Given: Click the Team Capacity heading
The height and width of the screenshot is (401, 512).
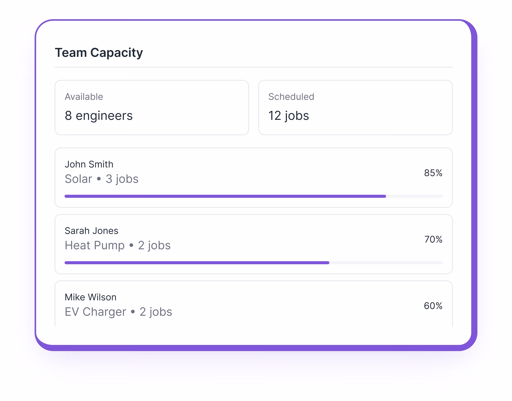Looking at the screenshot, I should tap(99, 53).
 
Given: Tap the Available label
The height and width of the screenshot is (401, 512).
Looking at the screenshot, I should tap(84, 97).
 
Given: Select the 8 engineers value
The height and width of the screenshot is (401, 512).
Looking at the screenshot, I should tap(99, 115).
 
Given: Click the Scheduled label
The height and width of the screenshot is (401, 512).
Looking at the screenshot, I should tap(291, 97).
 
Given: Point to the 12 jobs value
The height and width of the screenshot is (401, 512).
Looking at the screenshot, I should tap(289, 115).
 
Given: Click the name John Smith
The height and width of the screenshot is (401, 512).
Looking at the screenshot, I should tap(89, 164).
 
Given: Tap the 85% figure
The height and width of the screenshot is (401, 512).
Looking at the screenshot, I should tap(433, 173).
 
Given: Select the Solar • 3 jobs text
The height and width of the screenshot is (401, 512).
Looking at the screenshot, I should tap(101, 179).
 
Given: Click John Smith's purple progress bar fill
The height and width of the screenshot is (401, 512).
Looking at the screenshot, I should tap(225, 196).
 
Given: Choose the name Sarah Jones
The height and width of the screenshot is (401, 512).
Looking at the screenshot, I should tap(91, 231).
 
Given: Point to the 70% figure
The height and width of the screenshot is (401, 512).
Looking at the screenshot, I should tap(433, 239).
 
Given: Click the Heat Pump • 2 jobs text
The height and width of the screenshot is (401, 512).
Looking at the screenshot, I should tap(118, 245).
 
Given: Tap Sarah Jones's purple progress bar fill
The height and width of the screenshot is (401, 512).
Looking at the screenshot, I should tap(197, 263).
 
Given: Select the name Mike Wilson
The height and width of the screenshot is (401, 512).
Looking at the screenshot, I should tap(90, 297).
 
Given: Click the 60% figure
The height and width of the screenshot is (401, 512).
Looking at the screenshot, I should tap(433, 306).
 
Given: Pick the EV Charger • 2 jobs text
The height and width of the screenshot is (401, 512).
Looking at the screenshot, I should tap(118, 312).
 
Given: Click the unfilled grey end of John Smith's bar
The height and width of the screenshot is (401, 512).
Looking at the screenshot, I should tap(414, 196).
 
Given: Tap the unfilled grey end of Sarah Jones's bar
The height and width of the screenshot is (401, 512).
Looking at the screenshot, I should tap(386, 263).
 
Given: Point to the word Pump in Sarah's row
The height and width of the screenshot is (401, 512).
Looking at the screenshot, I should tap(109, 245).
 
